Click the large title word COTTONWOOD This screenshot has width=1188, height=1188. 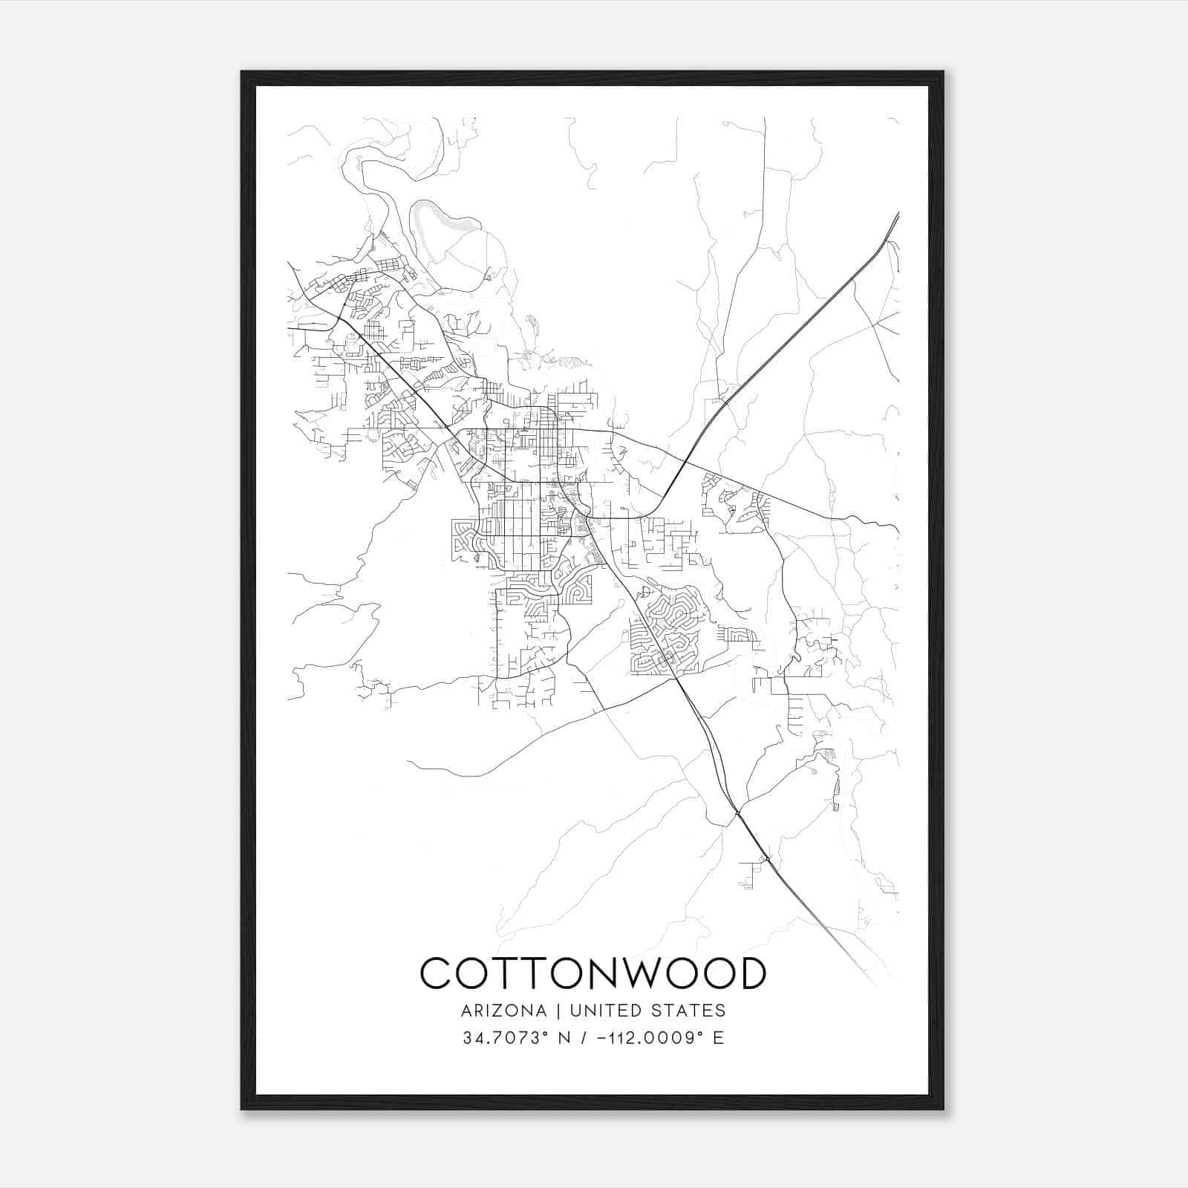coord(593,973)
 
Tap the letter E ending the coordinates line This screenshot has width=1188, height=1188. coord(717,1038)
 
